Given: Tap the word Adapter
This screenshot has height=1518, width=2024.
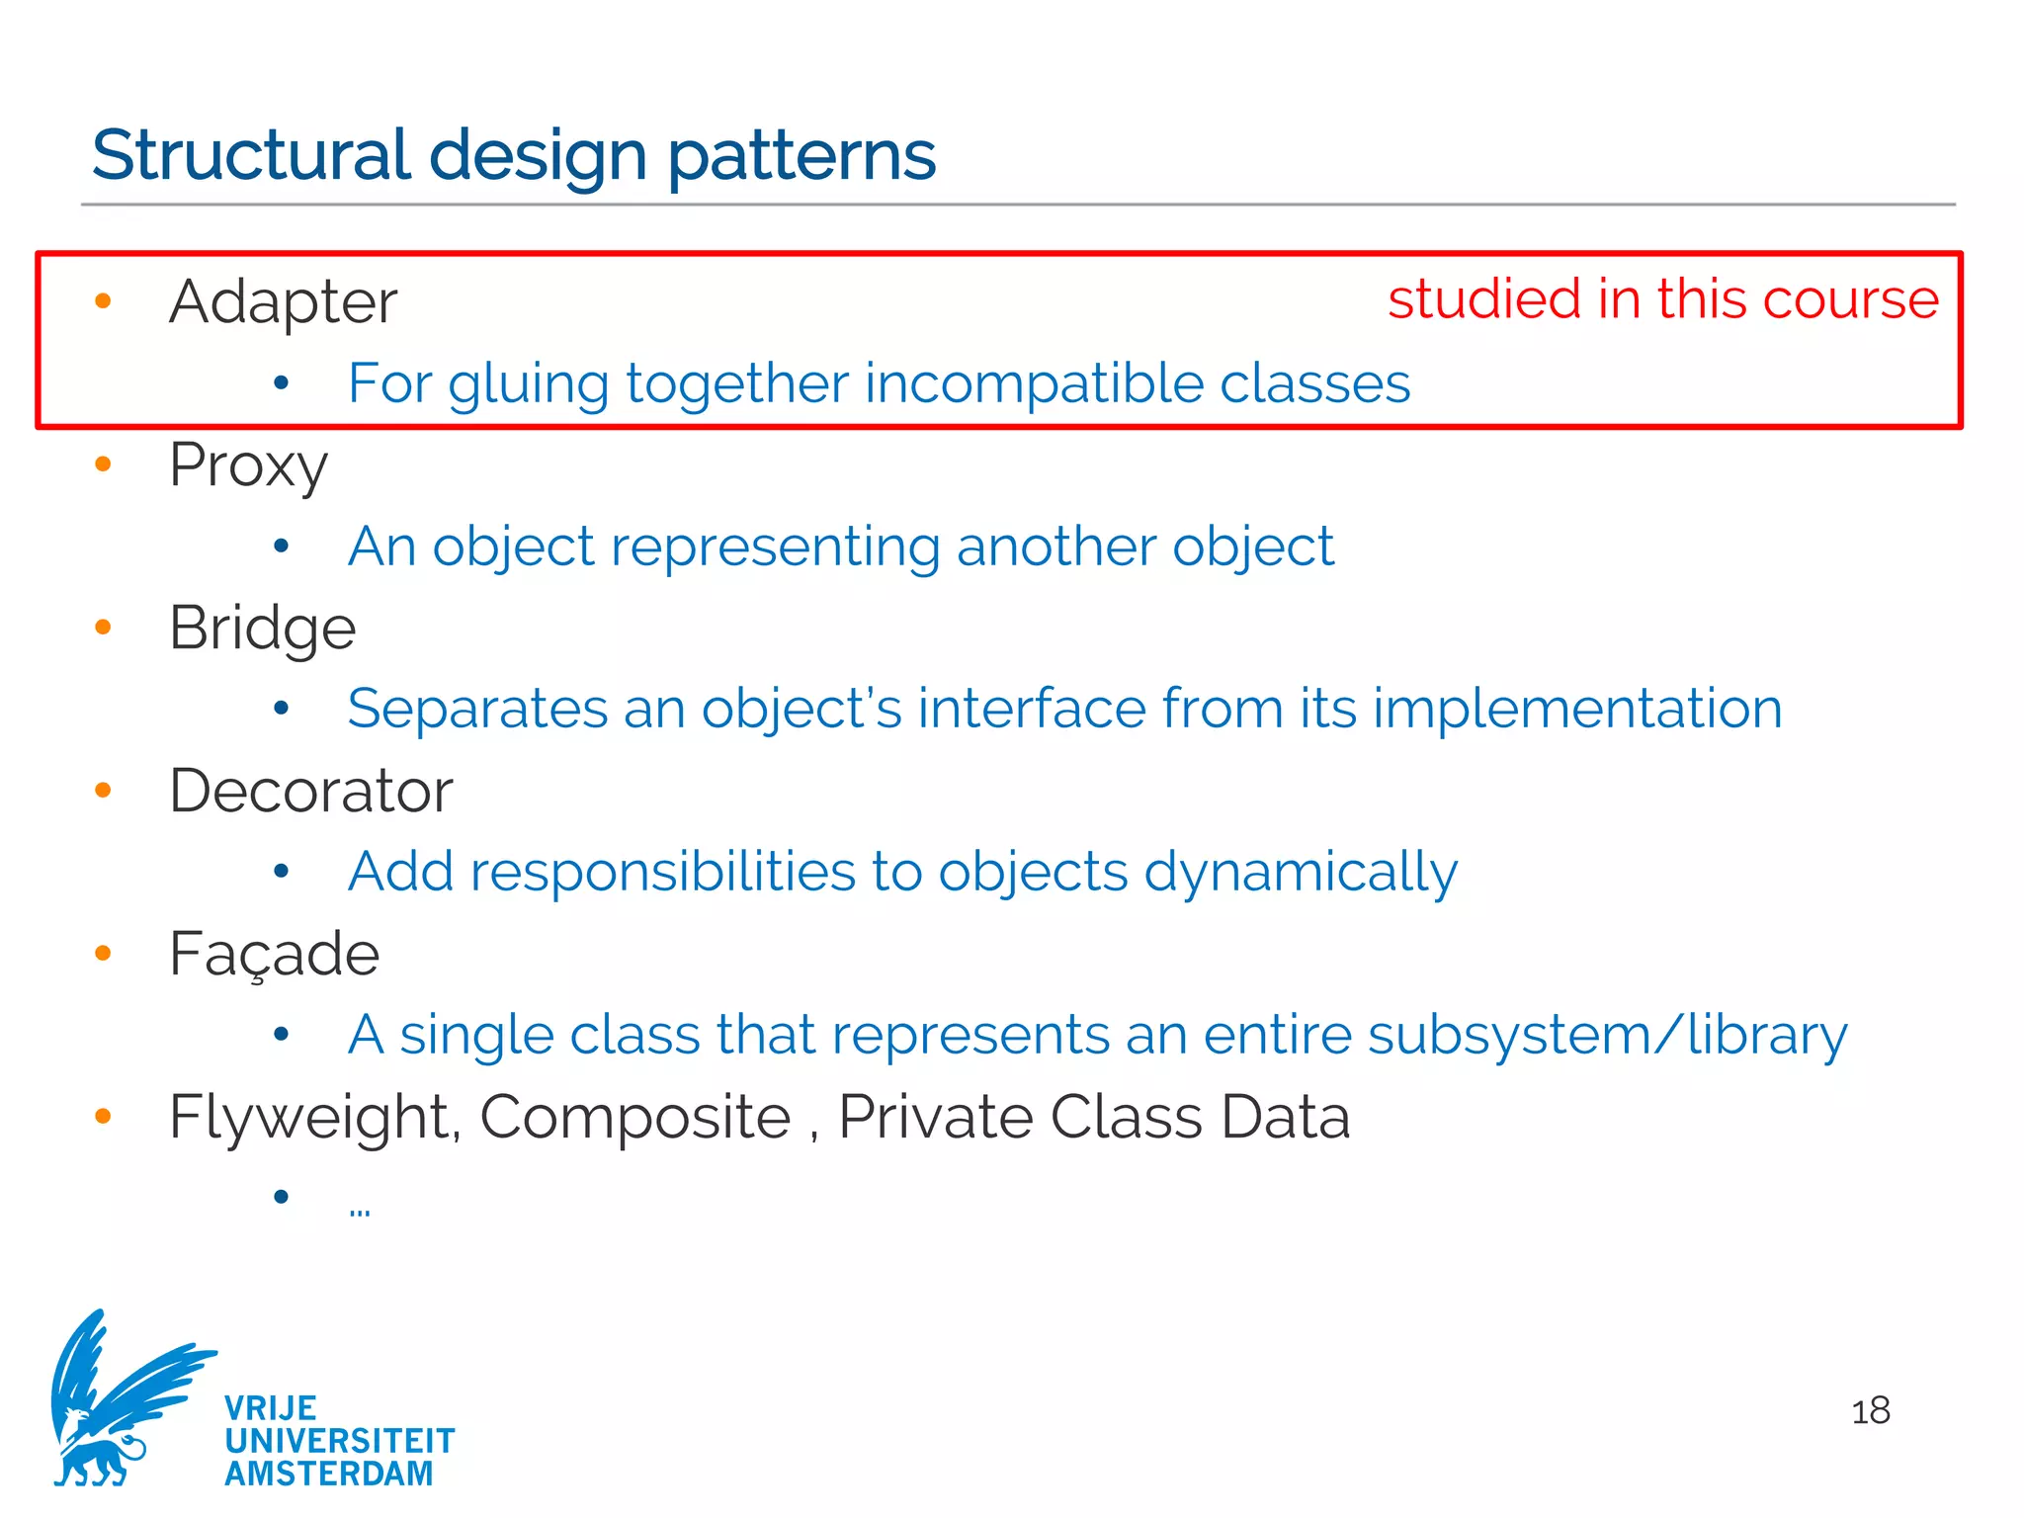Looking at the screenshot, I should [283, 301].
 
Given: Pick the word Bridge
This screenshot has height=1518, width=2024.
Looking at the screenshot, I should [262, 628].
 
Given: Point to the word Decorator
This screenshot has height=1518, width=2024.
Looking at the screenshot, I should [310, 791].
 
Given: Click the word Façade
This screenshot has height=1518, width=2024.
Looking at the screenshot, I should [274, 954].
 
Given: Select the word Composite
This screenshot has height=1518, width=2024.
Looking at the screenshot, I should [635, 1118].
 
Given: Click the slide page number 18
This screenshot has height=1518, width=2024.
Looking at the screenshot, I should [1870, 1411].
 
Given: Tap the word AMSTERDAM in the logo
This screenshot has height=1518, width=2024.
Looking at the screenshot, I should [329, 1474].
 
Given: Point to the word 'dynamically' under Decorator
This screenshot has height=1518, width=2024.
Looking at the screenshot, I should [1301, 873].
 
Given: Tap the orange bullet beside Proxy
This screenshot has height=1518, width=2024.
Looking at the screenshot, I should [103, 464].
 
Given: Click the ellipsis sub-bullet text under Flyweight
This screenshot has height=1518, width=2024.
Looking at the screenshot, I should [359, 1210].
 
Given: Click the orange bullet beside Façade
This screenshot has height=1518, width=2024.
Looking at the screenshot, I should [103, 953].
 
